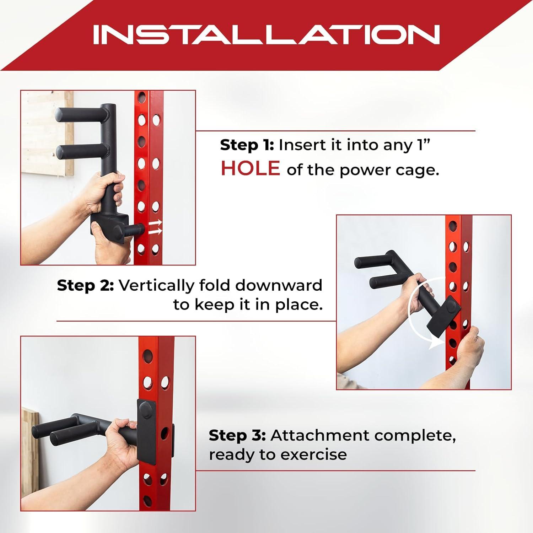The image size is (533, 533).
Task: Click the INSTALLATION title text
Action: [x=266, y=34]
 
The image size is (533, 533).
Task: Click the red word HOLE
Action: [x=250, y=168]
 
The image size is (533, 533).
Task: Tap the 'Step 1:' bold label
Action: [x=247, y=145]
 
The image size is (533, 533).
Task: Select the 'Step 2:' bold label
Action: [x=85, y=285]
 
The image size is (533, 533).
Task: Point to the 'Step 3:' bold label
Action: [x=237, y=435]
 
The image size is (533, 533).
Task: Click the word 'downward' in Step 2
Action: [x=279, y=285]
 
